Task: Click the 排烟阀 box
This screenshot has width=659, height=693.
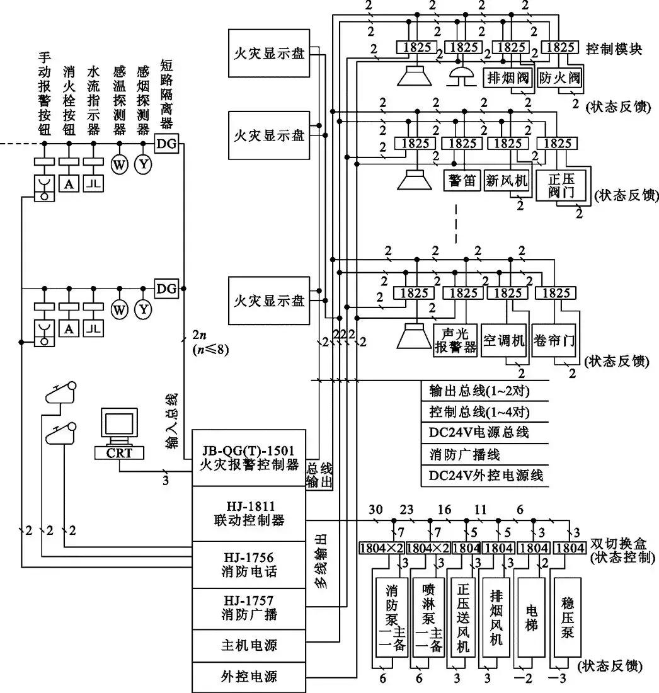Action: point(508,79)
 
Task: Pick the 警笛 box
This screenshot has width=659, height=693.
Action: point(462,181)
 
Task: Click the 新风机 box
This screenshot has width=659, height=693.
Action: point(508,181)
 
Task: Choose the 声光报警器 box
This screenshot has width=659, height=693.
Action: point(455,341)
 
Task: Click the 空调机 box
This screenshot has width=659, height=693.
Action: point(503,341)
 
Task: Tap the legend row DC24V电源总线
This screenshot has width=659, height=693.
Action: point(479,433)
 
